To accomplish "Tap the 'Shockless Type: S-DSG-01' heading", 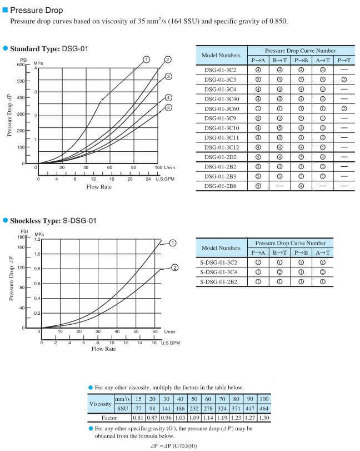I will click(53, 221).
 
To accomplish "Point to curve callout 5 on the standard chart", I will click(168, 107).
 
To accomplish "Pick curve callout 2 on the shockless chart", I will click(174, 267).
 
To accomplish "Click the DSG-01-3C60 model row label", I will click(221, 108).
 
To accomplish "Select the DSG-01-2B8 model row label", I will click(221, 186).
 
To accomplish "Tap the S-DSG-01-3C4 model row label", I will click(223, 272).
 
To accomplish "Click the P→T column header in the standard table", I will click(344, 60).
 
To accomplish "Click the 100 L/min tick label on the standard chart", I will click(157, 167).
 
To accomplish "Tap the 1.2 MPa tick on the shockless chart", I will click(37, 240).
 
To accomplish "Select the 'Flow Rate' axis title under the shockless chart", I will click(103, 349).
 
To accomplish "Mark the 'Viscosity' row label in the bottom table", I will click(101, 403).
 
